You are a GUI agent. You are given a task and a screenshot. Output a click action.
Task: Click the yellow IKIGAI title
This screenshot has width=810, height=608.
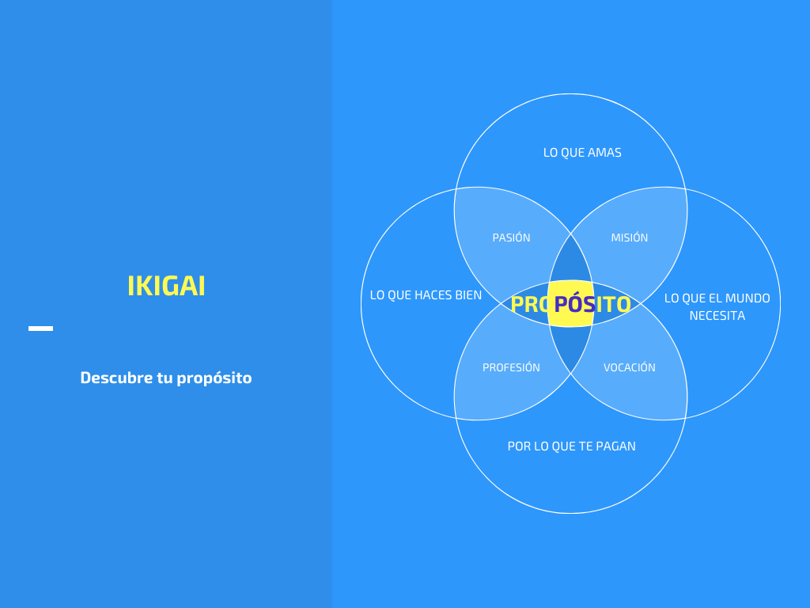coord(166,286)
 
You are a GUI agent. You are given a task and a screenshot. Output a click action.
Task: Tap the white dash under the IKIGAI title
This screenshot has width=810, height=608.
coord(41,329)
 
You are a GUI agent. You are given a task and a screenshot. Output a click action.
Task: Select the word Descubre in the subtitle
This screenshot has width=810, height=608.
coord(116,378)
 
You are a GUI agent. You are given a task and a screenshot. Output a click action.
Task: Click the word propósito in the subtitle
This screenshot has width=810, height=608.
coord(214,378)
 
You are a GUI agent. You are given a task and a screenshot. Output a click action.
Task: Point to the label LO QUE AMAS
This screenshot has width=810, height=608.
coord(582,153)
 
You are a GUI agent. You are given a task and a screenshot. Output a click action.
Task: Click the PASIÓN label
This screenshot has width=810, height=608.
coord(512,237)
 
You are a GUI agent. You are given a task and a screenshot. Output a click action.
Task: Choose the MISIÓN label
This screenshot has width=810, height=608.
coord(629,237)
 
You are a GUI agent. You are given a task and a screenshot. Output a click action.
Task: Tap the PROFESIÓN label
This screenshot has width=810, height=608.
coord(512,367)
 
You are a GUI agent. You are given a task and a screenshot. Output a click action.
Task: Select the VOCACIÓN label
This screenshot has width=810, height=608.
coord(629,367)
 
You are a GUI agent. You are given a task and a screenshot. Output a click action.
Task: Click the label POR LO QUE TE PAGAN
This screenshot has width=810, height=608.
coord(571,446)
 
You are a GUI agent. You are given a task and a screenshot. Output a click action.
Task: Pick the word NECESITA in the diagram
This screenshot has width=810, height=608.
coord(717,315)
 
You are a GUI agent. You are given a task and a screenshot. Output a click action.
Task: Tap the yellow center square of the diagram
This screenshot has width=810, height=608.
coord(570,304)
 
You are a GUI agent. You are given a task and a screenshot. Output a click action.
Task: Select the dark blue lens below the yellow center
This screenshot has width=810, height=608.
coord(570,349)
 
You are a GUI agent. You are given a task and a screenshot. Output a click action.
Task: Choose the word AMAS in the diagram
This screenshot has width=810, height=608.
coord(604,153)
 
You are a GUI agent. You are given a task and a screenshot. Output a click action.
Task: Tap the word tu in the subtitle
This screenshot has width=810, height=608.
coord(165,378)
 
